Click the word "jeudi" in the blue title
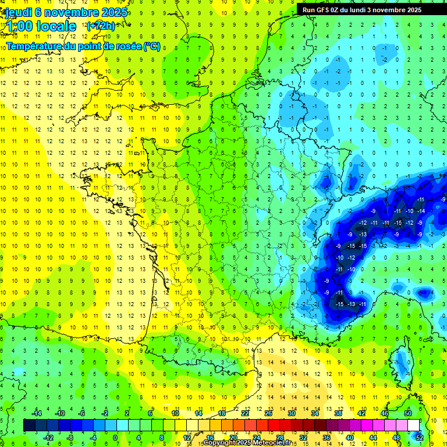tap(17, 13)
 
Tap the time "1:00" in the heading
tap(19, 26)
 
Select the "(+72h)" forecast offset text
tap(101, 26)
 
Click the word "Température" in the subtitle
tap(34, 46)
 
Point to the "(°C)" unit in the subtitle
tap(152, 46)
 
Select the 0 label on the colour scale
tap(115, 438)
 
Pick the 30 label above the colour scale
tap(291, 413)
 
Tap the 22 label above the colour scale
tap(245, 413)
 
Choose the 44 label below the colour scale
tap(373, 438)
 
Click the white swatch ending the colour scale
tap(413, 425)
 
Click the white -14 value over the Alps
tap(420, 211)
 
